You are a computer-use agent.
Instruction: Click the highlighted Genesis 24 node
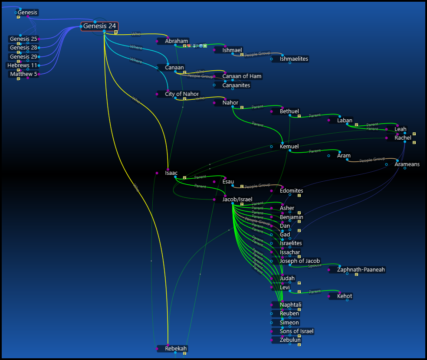click(x=99, y=26)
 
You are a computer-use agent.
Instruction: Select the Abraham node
click(x=176, y=41)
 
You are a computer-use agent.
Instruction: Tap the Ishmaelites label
click(x=294, y=59)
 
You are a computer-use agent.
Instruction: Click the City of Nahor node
click(x=181, y=94)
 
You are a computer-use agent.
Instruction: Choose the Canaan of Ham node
click(x=242, y=76)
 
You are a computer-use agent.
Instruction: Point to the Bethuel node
click(x=289, y=111)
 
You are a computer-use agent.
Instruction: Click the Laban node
click(x=345, y=121)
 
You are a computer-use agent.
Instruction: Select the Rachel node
click(x=403, y=138)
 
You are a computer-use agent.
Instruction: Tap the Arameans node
click(x=407, y=164)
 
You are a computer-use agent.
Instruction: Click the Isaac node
click(x=171, y=173)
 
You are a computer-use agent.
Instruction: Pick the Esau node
click(x=228, y=182)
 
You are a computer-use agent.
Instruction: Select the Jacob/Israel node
click(x=237, y=200)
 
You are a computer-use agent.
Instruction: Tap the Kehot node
click(x=345, y=296)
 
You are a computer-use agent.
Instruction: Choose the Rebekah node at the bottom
click(x=176, y=349)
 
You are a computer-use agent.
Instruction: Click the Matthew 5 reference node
click(x=23, y=74)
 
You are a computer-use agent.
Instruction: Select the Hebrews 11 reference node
click(x=22, y=65)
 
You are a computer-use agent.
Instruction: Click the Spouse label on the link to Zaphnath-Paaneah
click(x=315, y=265)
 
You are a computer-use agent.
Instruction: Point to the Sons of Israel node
click(x=296, y=331)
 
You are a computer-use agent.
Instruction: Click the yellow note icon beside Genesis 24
click(x=116, y=32)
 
